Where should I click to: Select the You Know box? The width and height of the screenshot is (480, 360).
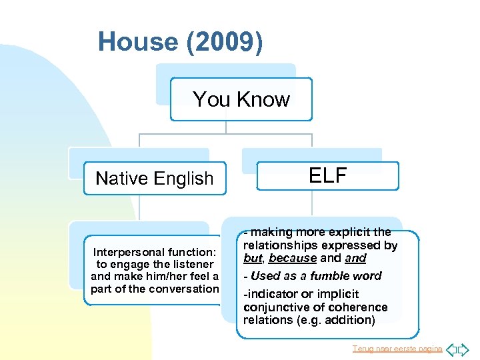241,99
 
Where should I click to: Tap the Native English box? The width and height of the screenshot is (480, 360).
155,178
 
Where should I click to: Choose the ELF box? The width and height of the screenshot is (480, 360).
327,175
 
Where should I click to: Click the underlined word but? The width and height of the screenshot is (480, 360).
253,258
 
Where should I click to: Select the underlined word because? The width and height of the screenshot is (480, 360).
293,258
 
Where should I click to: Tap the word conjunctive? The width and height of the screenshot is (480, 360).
272,307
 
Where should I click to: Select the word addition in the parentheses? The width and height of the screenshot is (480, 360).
349,320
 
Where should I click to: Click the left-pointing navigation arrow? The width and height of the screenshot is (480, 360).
451,349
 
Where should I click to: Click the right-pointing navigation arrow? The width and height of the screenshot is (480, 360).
464,349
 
